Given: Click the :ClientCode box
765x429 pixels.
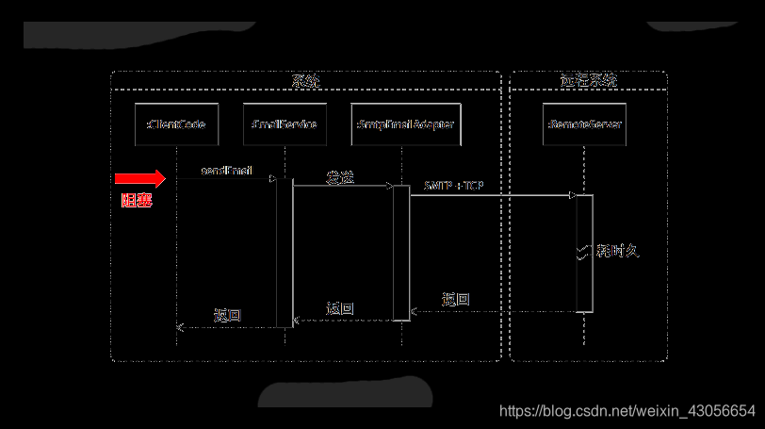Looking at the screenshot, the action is click(x=176, y=124).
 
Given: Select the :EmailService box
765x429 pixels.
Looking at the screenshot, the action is click(x=285, y=124).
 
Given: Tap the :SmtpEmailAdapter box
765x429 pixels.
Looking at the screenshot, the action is click(x=406, y=124).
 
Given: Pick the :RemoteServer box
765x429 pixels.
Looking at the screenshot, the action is click(x=584, y=124).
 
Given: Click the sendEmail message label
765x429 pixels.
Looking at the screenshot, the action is click(x=226, y=171).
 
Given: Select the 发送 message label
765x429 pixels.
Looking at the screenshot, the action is click(x=340, y=177).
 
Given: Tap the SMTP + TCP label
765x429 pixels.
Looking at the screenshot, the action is click(x=454, y=186).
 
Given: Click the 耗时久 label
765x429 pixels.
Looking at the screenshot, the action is click(x=618, y=251).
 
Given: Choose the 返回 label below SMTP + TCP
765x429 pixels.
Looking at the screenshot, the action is click(x=456, y=300).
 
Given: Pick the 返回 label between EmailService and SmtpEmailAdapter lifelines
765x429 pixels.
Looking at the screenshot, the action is click(x=340, y=308).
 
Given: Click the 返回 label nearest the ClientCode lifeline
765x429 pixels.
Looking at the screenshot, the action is click(x=227, y=315).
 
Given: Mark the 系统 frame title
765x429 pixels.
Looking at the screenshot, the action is click(x=305, y=81).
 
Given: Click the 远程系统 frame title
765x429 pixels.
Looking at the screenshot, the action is click(x=588, y=81).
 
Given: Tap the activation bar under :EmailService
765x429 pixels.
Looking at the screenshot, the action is click(x=285, y=252).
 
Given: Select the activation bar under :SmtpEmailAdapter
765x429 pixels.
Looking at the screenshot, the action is click(x=401, y=252).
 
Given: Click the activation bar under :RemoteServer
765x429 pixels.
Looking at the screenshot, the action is click(x=584, y=253).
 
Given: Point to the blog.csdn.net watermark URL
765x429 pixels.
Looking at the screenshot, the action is click(x=627, y=411).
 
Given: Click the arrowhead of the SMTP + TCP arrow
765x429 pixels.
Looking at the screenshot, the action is click(x=572, y=195).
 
